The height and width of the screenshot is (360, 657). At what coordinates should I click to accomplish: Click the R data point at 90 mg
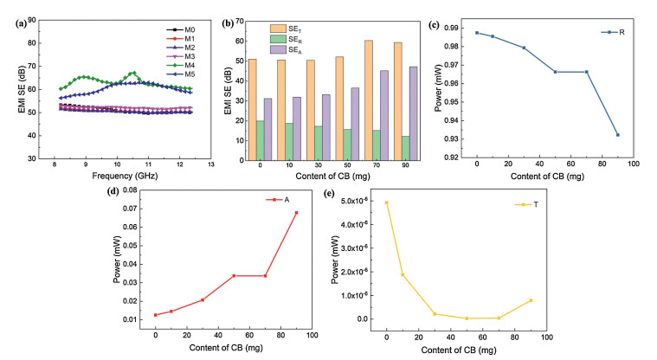[x=618, y=135]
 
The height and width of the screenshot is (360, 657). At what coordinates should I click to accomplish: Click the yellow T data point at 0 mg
[x=386, y=202]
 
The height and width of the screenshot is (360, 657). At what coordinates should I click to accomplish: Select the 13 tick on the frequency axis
[x=210, y=167]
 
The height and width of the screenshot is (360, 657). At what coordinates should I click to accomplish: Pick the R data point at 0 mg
[x=477, y=33]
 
